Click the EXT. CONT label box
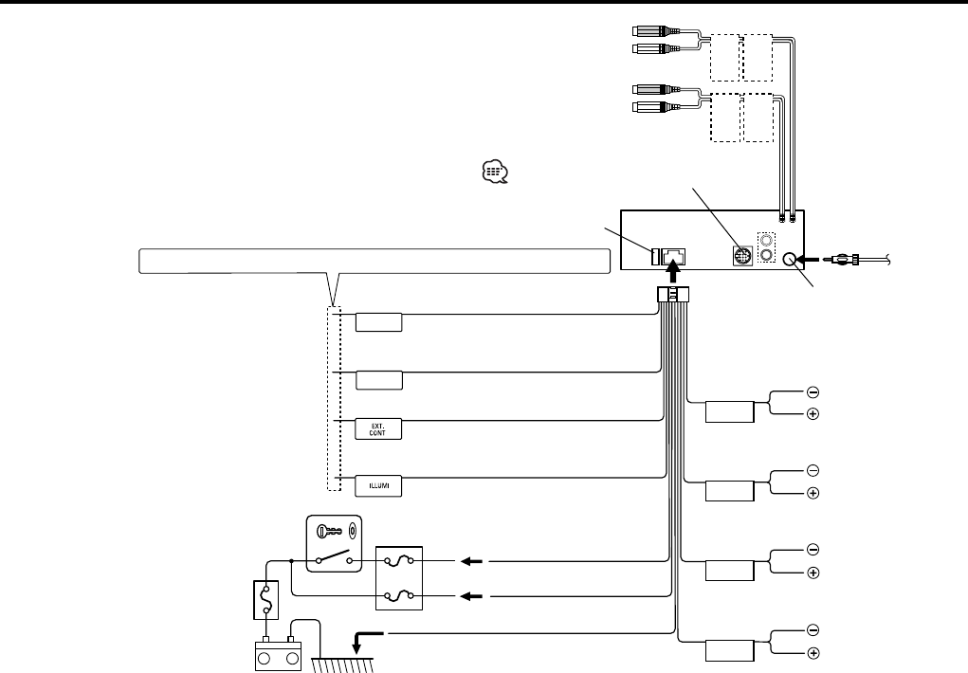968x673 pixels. (x=379, y=428)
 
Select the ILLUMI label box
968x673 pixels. (x=379, y=486)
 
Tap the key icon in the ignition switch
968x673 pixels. (x=331, y=532)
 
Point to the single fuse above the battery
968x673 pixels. (x=267, y=600)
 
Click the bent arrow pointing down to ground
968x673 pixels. (x=366, y=639)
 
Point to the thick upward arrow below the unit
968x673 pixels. (x=674, y=273)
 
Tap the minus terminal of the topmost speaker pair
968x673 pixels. (x=813, y=391)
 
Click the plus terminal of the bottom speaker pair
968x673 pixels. (x=813, y=653)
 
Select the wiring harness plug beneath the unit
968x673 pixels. (x=673, y=296)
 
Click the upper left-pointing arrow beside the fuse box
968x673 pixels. (x=471, y=561)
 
